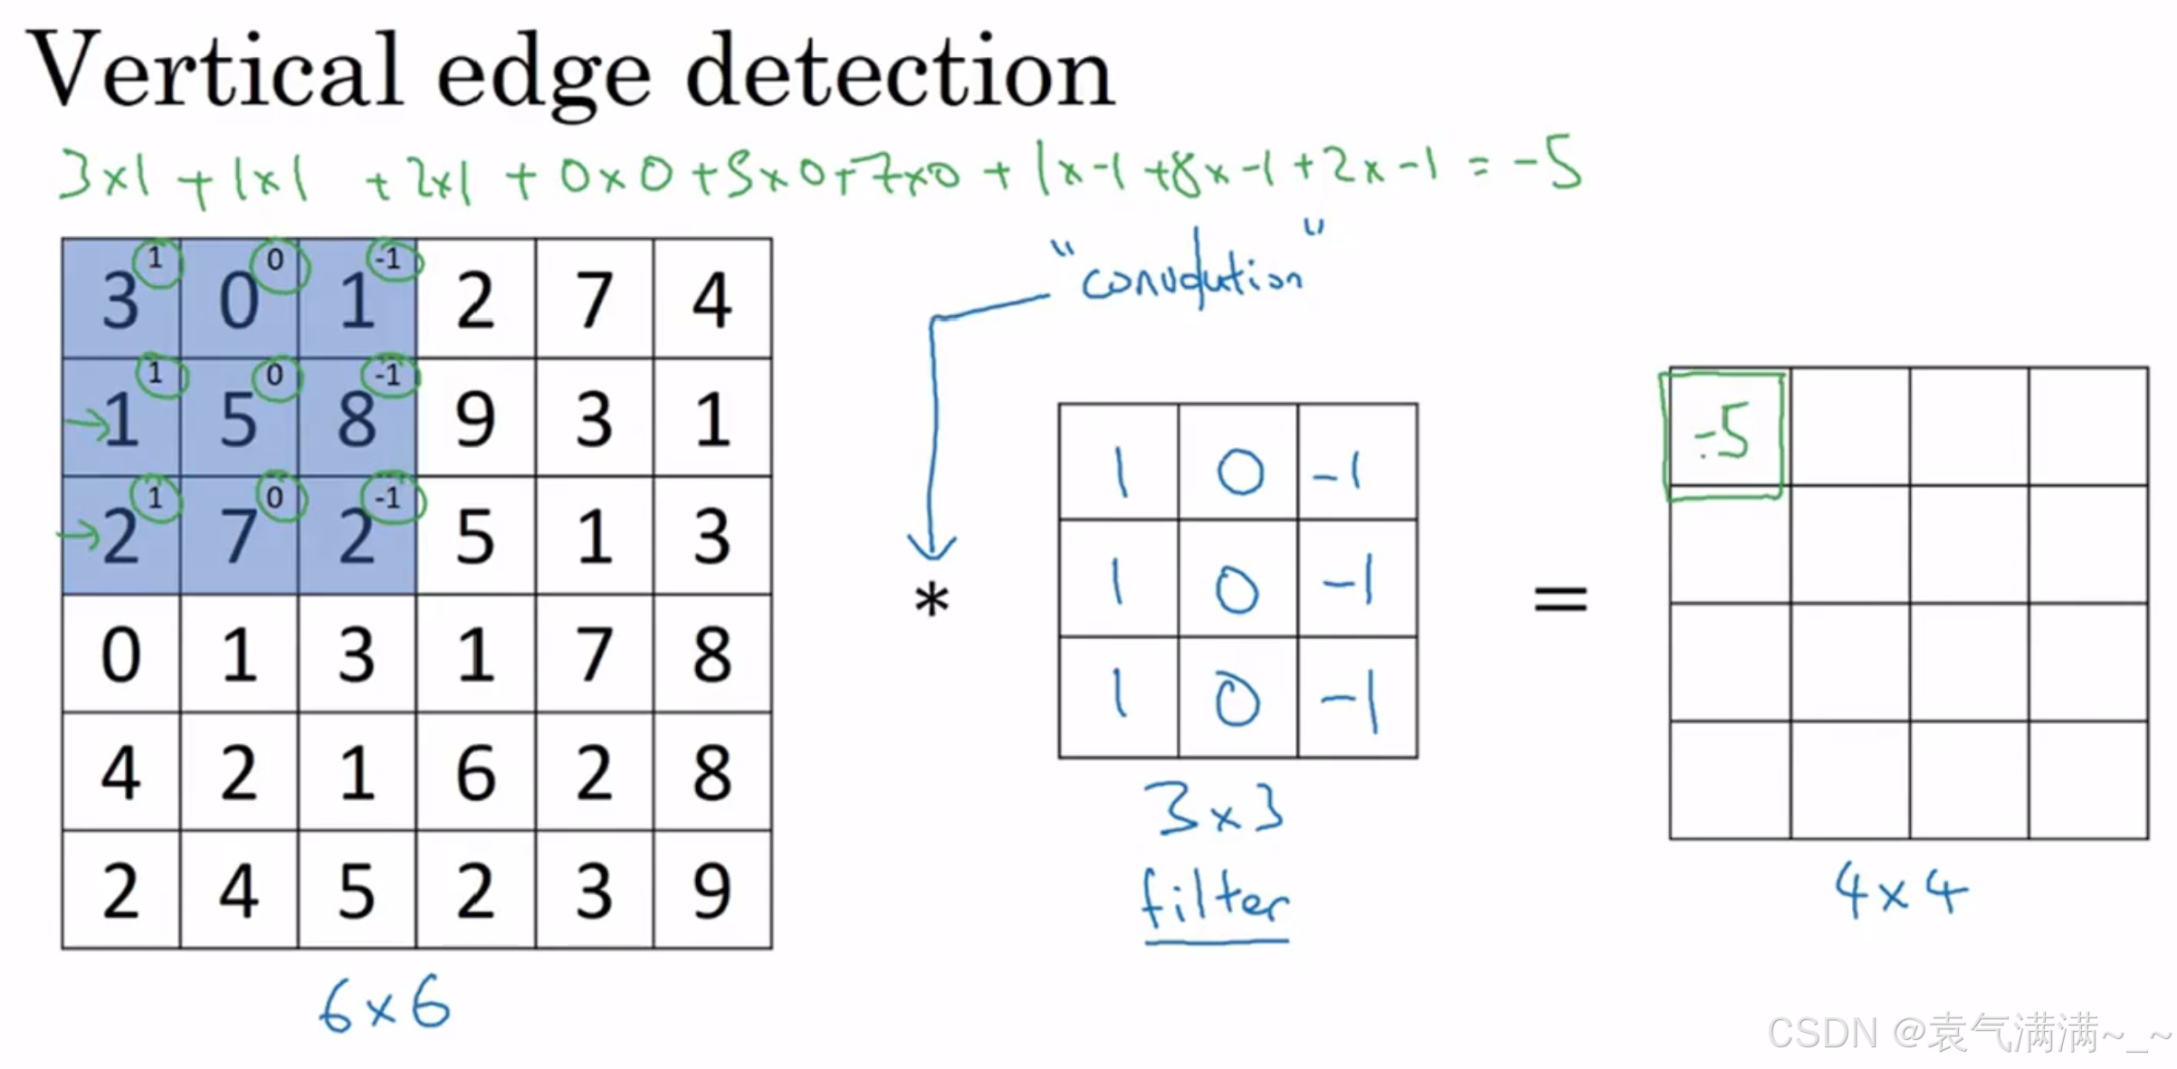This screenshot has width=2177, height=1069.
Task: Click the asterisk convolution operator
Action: click(931, 600)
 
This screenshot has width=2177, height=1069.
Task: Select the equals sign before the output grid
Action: click(1560, 598)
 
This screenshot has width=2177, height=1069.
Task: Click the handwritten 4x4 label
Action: click(1900, 892)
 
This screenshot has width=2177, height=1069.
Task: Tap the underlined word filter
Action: click(1214, 900)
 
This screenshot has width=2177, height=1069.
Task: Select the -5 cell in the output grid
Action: click(1723, 434)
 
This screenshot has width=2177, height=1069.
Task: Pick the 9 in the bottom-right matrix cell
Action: click(712, 892)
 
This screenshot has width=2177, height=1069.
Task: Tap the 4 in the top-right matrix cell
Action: click(712, 300)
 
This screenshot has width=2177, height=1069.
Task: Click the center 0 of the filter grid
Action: click(1236, 590)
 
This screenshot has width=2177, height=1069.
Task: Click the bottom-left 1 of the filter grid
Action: click(1120, 698)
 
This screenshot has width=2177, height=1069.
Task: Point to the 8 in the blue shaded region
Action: click(357, 421)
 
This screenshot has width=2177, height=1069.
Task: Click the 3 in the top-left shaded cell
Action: click(120, 301)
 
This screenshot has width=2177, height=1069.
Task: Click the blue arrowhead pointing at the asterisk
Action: click(931, 547)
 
